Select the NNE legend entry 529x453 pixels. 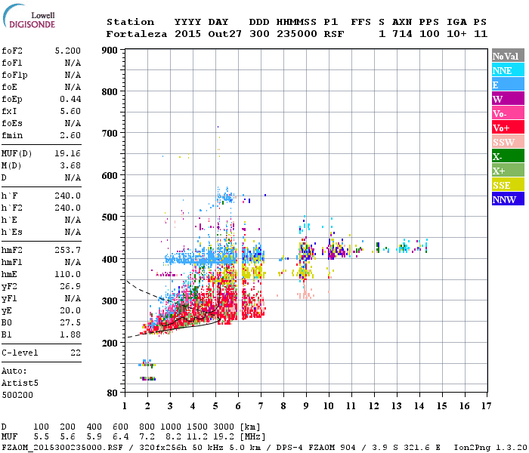(508, 70)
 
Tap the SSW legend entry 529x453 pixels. (508, 142)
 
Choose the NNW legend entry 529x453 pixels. (508, 199)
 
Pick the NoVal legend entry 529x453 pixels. (508, 56)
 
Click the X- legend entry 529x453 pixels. (508, 156)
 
